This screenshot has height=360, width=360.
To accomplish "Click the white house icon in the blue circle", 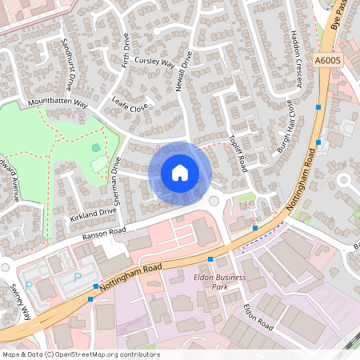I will point(180,173).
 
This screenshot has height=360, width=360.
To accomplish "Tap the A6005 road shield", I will point(326,59).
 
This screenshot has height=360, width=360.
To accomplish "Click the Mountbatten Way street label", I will point(57,103).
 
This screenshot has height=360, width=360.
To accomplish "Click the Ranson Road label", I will point(104,233).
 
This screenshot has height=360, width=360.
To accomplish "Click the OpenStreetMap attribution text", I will point(81,354).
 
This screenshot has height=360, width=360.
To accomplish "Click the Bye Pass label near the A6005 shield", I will point(340,16).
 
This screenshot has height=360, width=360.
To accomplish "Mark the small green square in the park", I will point(97,147).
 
